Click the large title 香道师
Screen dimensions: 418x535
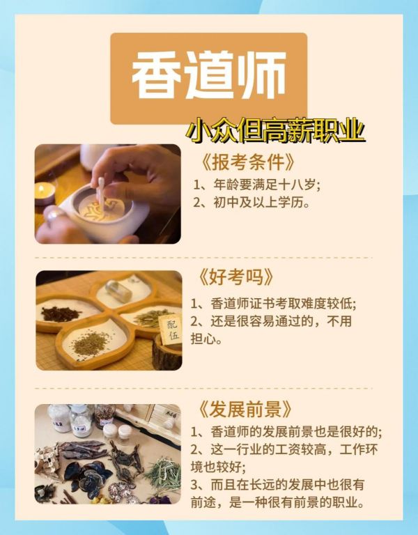point(209,76)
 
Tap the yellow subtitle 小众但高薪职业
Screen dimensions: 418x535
point(275,130)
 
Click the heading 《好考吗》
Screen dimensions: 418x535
point(235,277)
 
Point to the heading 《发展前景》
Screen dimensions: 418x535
point(245,409)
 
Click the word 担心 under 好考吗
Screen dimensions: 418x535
point(206,339)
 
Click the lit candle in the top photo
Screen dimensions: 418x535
point(44,194)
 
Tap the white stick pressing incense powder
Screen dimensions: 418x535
point(101,194)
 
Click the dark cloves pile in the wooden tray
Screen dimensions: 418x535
point(60,313)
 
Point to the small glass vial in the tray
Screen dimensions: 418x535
point(118,290)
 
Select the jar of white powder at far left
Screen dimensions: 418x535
point(59,418)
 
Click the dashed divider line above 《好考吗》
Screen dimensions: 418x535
point(203,258)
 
